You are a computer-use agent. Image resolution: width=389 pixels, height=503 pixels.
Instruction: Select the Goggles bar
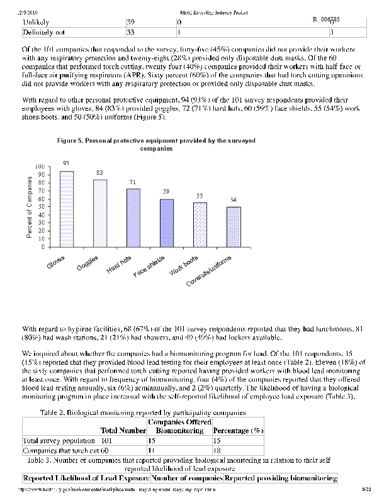coord(99,213)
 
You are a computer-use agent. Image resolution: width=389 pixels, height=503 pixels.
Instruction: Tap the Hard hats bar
coord(133,218)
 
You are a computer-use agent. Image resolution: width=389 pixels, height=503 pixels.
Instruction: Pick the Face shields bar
coord(166,223)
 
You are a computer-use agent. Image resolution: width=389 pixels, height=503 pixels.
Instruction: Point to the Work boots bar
coord(200,224)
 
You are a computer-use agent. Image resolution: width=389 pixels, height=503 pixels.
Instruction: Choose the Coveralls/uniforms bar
coord(233,226)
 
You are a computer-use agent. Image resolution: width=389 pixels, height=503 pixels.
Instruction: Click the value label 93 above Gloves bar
coord(66,162)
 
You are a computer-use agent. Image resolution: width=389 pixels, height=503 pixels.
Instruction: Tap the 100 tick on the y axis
coord(39,168)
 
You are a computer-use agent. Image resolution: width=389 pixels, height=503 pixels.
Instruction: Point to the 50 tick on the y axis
coord(40,207)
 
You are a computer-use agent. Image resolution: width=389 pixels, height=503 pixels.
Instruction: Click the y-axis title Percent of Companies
coord(29,207)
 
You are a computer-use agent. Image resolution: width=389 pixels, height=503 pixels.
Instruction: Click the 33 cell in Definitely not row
coord(131,31)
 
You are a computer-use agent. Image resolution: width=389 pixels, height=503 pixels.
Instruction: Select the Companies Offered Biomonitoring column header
coord(179,426)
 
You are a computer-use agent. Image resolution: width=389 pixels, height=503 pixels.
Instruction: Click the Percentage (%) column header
coord(238,431)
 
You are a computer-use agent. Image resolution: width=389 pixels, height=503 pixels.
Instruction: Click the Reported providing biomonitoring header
coord(280,478)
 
